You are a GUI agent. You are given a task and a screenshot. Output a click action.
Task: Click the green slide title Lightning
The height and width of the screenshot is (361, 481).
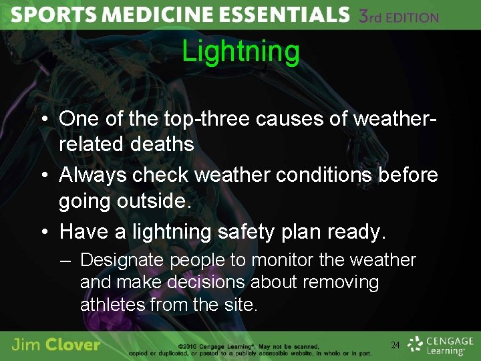240,51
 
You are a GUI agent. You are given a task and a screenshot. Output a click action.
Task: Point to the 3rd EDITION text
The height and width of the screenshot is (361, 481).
399,16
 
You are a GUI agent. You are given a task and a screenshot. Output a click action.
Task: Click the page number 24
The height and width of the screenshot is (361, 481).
395,345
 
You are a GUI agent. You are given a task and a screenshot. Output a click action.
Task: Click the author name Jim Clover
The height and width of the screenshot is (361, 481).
56,345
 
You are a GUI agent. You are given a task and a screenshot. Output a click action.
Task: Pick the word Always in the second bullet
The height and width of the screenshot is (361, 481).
94,175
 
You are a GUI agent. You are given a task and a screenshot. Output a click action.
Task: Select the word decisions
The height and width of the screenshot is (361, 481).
203,282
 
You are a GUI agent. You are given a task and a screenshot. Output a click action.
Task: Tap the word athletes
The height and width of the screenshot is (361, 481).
112,305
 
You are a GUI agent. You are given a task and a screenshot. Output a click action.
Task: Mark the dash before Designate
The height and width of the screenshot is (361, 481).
70,260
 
